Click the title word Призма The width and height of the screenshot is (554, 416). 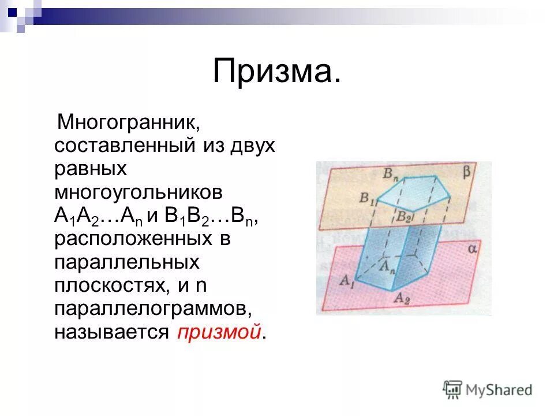point(276,72)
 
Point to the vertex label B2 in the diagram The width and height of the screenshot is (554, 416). point(403,217)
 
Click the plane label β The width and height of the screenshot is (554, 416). point(466,172)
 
